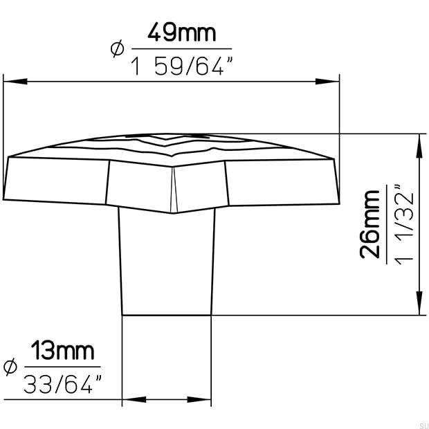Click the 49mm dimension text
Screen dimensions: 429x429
183,32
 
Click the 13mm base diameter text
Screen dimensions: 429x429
63,352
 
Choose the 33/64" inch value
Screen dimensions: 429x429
63,384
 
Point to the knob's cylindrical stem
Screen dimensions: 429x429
167,263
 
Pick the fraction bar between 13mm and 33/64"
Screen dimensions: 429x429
63,367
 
